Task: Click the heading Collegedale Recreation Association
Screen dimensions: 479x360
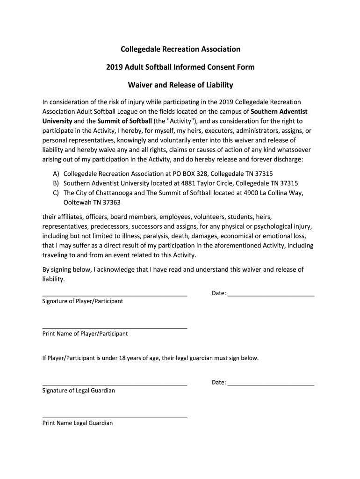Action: coord(180,49)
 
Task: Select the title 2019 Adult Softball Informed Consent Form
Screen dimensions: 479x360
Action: coord(180,67)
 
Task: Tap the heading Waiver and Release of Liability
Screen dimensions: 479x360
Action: coord(180,85)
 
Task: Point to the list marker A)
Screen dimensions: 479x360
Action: coord(56,173)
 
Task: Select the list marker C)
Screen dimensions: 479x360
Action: coord(56,193)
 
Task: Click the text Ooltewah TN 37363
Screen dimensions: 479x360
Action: coord(89,203)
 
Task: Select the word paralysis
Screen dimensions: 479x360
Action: coord(146,236)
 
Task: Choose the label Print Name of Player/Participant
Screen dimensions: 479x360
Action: coord(85,334)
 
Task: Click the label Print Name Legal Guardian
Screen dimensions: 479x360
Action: coord(78,423)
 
